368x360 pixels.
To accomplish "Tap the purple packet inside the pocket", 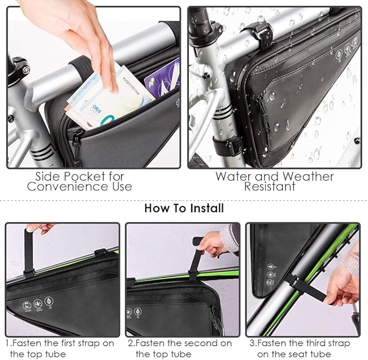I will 162,78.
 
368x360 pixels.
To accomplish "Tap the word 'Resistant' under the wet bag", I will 269,187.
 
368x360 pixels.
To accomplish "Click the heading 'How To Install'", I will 184,208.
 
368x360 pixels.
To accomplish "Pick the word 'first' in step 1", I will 61,343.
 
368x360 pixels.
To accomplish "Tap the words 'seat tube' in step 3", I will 307,354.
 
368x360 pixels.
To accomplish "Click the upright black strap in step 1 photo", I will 28,252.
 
